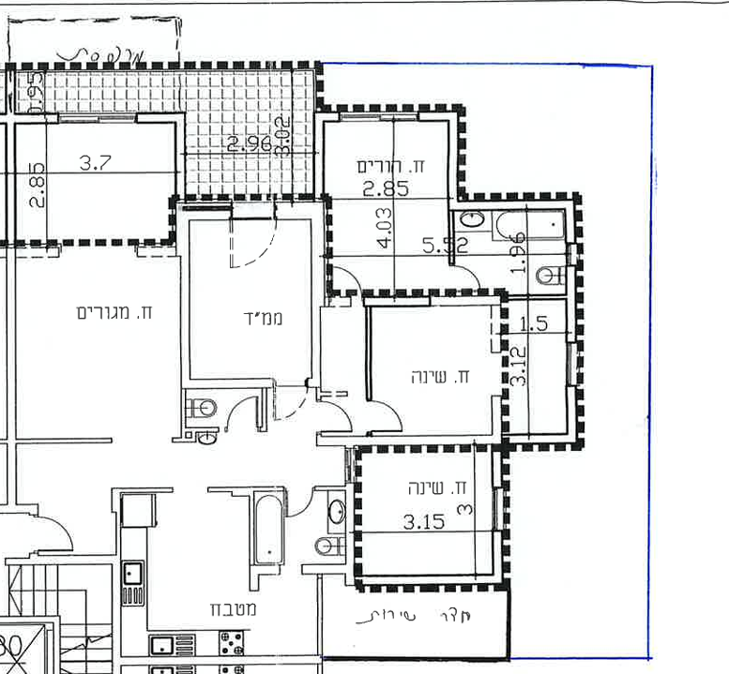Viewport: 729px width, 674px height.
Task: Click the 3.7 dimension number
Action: coord(95,163)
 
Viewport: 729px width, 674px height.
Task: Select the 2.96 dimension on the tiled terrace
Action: coord(249,144)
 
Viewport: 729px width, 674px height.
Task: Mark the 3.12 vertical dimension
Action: coord(518,366)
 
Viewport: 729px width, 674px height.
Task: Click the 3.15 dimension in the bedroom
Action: coord(423,521)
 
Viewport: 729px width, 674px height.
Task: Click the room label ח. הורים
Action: coord(391,166)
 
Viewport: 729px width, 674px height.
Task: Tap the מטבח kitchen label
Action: coord(228,609)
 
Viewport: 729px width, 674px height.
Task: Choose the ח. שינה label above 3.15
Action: coord(438,488)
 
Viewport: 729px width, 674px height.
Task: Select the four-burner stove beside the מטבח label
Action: coord(232,642)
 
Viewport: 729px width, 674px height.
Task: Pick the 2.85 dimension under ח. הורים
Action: coord(386,187)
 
